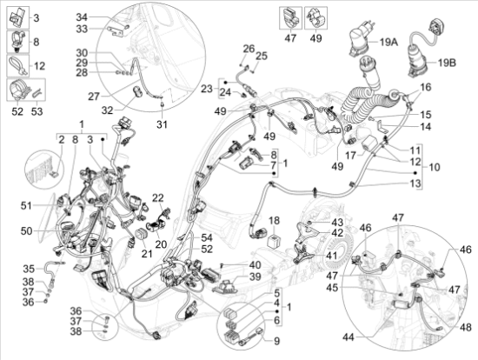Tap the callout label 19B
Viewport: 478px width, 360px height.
coord(446,63)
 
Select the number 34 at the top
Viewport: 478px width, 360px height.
coord(81,17)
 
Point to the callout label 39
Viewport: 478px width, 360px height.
coord(255,277)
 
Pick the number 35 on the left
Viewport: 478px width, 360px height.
coord(28,269)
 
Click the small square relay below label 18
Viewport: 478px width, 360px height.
coord(273,239)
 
